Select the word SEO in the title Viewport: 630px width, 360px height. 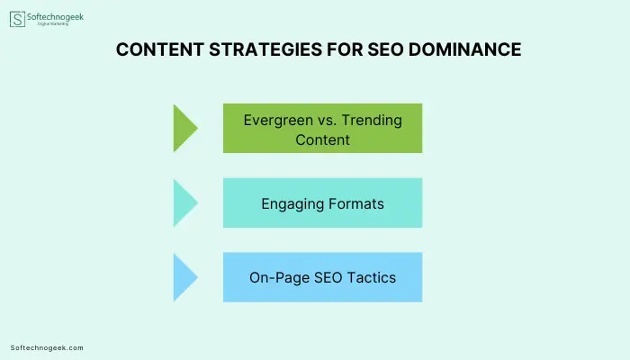click(x=385, y=49)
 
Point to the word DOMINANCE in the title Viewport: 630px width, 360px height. click(x=465, y=49)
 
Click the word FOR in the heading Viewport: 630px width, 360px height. click(x=345, y=49)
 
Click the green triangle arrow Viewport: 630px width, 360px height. click(x=185, y=128)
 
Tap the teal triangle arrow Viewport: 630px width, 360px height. click(x=185, y=202)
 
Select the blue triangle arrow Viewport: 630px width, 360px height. click(x=185, y=277)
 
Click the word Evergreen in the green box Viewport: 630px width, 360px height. click(x=278, y=121)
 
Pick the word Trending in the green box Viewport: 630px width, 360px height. click(x=372, y=120)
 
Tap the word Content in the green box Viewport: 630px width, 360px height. click(x=322, y=139)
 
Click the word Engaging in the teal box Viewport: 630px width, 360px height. click(x=292, y=204)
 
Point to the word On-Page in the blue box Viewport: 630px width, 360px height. click(x=279, y=278)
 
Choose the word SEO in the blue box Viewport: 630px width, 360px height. click(x=328, y=277)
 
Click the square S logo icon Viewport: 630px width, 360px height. click(x=17, y=19)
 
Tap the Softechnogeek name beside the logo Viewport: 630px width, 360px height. click(x=56, y=17)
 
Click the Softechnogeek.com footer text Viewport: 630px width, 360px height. click(x=47, y=348)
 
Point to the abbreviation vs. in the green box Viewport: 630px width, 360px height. click(x=327, y=121)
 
